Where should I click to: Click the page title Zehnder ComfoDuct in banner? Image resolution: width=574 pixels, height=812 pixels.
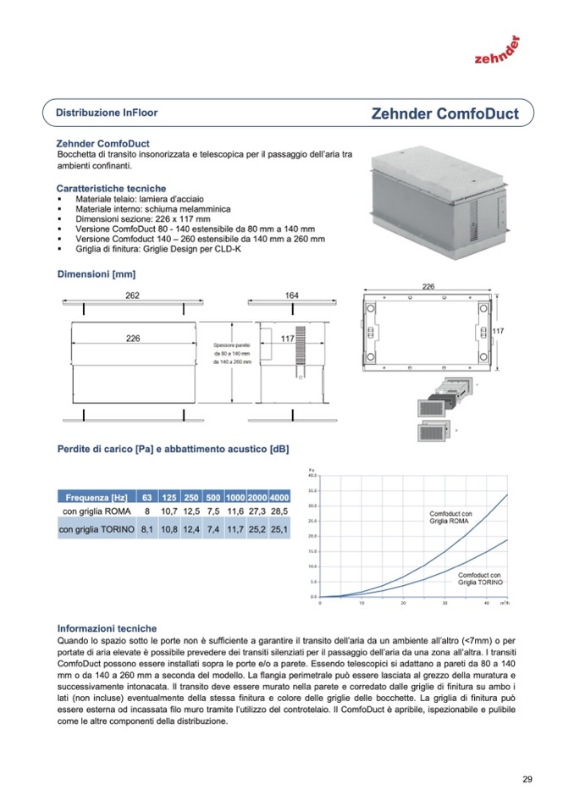click(x=444, y=113)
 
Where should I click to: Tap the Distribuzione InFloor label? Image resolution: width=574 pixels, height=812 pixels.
click(x=107, y=112)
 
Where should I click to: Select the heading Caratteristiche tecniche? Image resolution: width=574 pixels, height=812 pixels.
click(x=111, y=188)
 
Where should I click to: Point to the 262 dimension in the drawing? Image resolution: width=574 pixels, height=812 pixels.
click(x=131, y=295)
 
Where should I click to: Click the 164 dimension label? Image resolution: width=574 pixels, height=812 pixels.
click(x=291, y=295)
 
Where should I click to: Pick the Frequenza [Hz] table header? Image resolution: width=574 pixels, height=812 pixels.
click(x=97, y=497)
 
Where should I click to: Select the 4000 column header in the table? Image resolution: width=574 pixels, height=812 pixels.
click(x=279, y=497)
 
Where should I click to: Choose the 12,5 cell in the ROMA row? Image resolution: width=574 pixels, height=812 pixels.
click(x=191, y=512)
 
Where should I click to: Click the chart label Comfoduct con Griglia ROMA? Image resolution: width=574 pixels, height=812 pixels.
click(x=451, y=517)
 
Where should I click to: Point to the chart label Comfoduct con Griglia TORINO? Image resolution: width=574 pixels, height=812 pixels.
click(x=480, y=579)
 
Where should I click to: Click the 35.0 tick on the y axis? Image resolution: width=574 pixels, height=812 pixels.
click(x=312, y=490)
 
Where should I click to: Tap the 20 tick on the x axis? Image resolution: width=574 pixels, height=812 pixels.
click(x=403, y=604)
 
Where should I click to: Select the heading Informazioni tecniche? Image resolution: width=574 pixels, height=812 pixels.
click(x=107, y=629)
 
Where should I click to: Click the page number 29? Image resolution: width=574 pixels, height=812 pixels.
click(x=527, y=780)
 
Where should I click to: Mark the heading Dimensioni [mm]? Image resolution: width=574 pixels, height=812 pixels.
click(x=96, y=274)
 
